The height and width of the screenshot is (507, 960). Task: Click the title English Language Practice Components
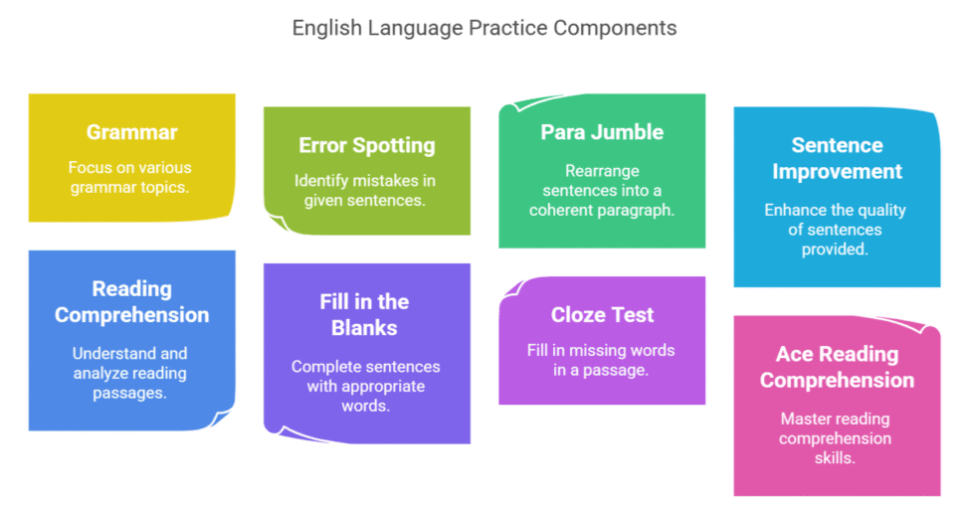484,28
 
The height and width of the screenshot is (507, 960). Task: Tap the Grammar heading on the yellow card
131,132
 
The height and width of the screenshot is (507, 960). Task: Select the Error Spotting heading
367,145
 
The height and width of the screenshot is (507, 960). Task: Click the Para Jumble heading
602,132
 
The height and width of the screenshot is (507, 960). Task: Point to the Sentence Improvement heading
837,158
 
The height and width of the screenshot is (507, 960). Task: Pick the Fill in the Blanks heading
364,315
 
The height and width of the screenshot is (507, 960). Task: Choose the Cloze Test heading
602,315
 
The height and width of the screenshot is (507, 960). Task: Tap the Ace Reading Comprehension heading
837,367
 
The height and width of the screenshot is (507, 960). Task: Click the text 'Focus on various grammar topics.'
129,177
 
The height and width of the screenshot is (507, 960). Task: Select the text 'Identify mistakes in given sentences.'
365,190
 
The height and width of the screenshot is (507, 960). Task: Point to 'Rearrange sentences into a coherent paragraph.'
602,190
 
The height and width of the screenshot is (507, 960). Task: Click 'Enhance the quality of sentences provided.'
835,230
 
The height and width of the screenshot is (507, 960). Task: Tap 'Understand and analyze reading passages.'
129,373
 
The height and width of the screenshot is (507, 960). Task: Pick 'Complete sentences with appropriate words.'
365,386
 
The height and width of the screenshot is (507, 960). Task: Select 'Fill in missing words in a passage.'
601,360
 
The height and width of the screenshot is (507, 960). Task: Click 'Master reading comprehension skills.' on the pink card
835,437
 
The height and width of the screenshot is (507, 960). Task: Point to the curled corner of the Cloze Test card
513,288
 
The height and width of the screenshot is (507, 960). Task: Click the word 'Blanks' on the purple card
364,328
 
